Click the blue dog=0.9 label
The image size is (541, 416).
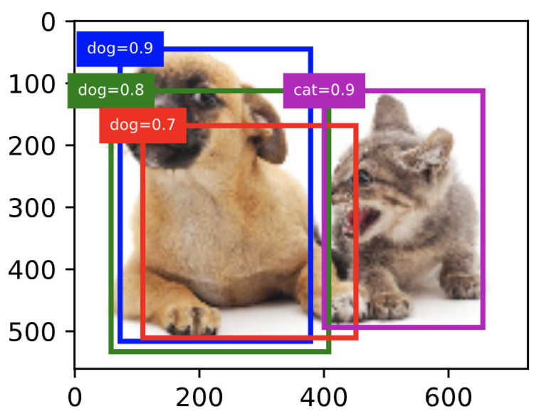120,48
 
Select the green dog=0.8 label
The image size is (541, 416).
110,90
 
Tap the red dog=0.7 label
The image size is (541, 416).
142,125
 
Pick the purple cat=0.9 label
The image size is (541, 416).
324,90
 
